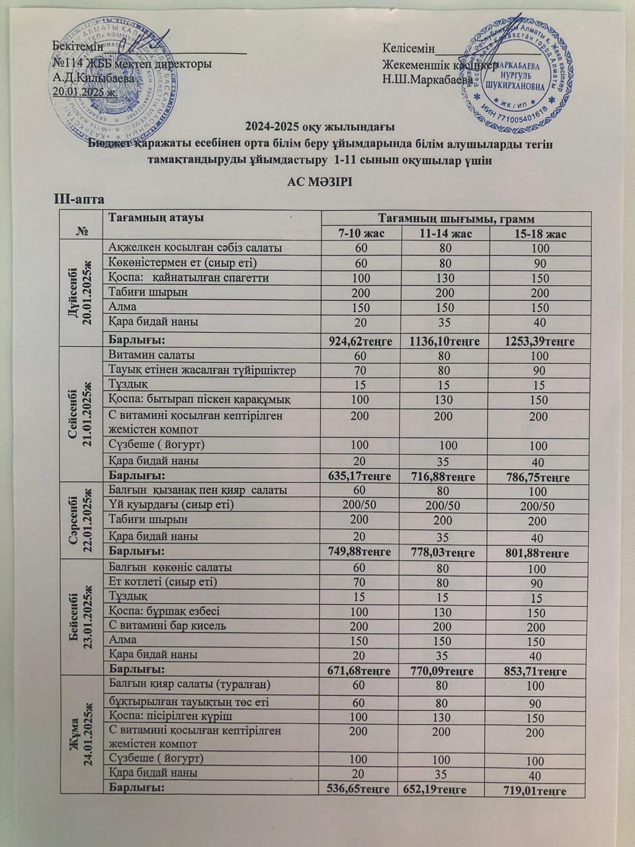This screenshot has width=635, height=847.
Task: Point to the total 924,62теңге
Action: click(x=361, y=341)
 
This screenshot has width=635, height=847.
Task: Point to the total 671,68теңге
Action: click(x=360, y=670)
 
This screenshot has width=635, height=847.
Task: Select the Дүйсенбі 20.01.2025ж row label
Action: click(x=81, y=292)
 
